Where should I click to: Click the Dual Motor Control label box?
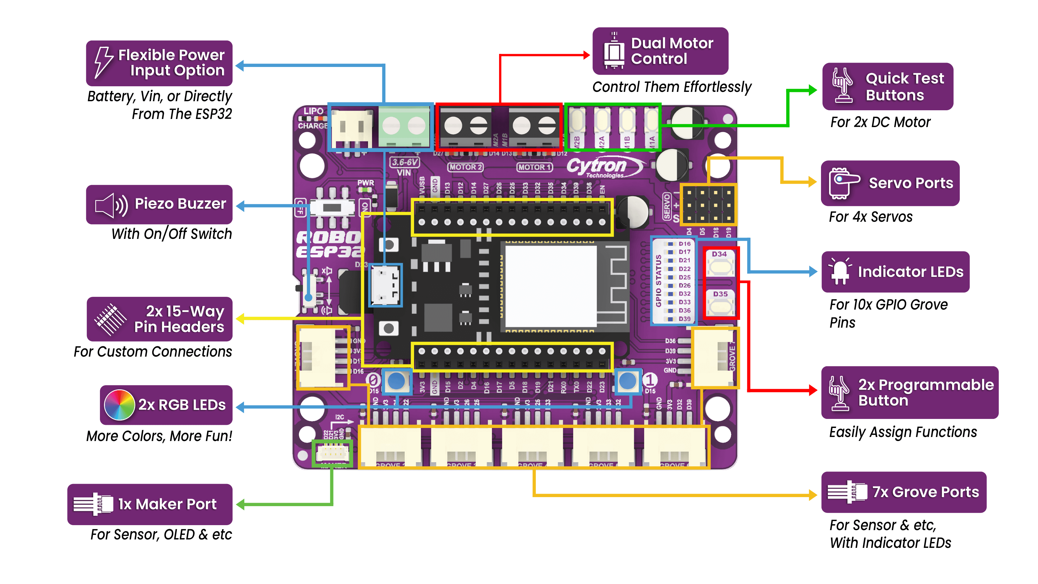[660, 51]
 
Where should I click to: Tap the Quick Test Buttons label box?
[887, 87]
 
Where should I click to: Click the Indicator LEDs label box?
[895, 272]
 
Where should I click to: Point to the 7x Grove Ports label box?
[904, 492]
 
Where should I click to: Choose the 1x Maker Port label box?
[150, 504]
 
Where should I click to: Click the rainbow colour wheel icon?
[119, 405]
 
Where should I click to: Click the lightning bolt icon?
[103, 63]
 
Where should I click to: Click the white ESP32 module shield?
[550, 286]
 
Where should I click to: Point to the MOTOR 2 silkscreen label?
[465, 167]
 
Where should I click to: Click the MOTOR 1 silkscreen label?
[534, 167]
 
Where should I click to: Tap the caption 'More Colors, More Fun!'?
[159, 436]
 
